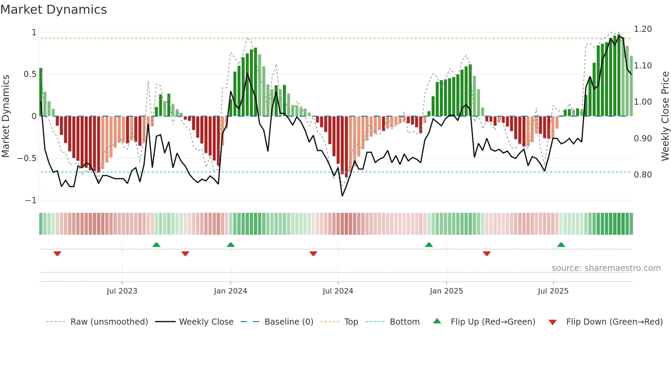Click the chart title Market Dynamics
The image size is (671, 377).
tap(53, 10)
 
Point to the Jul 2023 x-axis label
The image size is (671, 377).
tap(122, 291)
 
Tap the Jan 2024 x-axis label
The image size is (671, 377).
tap(230, 291)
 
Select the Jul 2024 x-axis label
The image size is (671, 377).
tap(338, 291)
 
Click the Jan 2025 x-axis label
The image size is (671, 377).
tap(446, 291)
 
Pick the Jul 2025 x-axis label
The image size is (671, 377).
tap(553, 291)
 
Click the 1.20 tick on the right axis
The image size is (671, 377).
tap(643, 29)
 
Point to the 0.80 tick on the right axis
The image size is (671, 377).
tap(643, 175)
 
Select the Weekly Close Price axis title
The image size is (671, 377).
tap(665, 116)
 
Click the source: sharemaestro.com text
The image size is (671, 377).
tap(606, 268)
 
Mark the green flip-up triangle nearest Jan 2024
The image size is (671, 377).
tap(231, 245)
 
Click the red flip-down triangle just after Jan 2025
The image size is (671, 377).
tap(487, 253)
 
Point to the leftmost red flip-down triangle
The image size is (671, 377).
tap(57, 253)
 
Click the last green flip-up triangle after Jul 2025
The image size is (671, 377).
tap(561, 245)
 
